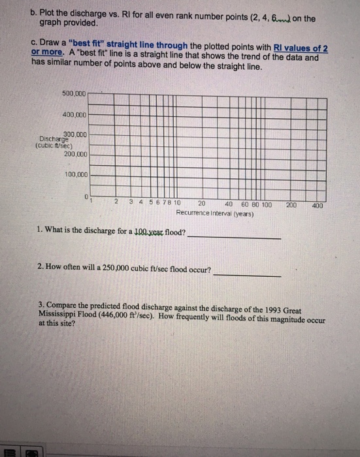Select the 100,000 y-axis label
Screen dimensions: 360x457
tap(75, 175)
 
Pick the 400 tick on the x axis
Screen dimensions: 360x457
tap(318, 204)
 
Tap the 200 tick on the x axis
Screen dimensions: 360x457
tap(291, 204)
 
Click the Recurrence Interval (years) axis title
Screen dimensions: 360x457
tap(214, 213)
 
